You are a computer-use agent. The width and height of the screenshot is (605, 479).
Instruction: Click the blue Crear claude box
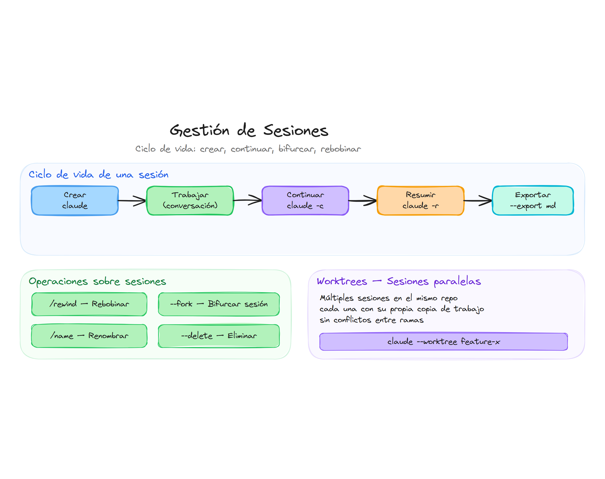[x=75, y=200]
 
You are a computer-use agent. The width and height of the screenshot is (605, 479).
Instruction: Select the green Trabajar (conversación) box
[x=190, y=200]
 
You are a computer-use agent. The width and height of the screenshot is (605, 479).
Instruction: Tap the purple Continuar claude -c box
[x=305, y=200]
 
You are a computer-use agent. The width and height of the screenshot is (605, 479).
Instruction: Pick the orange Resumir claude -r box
[x=420, y=200]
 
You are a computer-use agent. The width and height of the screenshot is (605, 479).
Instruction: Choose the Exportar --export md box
[x=533, y=200]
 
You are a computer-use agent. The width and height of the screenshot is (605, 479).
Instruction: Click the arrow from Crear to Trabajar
[x=132, y=201]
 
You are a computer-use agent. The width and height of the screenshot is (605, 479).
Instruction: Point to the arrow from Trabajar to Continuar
[x=247, y=200]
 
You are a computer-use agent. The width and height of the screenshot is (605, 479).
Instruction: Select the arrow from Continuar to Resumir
[x=362, y=201]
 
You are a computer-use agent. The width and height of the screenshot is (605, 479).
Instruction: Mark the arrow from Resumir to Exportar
[x=478, y=201]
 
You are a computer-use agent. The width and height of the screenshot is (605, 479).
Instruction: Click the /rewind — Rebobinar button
[x=89, y=304]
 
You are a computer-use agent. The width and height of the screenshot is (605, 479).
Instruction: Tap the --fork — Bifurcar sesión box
[x=219, y=304]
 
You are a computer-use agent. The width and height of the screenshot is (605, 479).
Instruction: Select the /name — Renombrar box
[x=89, y=336]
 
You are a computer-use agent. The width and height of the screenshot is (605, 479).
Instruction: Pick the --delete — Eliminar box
[x=219, y=336]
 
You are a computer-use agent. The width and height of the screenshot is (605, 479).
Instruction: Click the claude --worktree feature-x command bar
[x=443, y=342]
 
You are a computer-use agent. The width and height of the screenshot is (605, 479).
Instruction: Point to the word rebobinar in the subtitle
[x=341, y=149]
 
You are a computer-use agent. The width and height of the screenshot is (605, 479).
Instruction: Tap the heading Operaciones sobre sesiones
[x=97, y=282]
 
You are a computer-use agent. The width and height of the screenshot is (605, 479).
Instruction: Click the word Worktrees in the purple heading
[x=342, y=281]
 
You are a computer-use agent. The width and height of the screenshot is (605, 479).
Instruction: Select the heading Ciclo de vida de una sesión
[x=98, y=175]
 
